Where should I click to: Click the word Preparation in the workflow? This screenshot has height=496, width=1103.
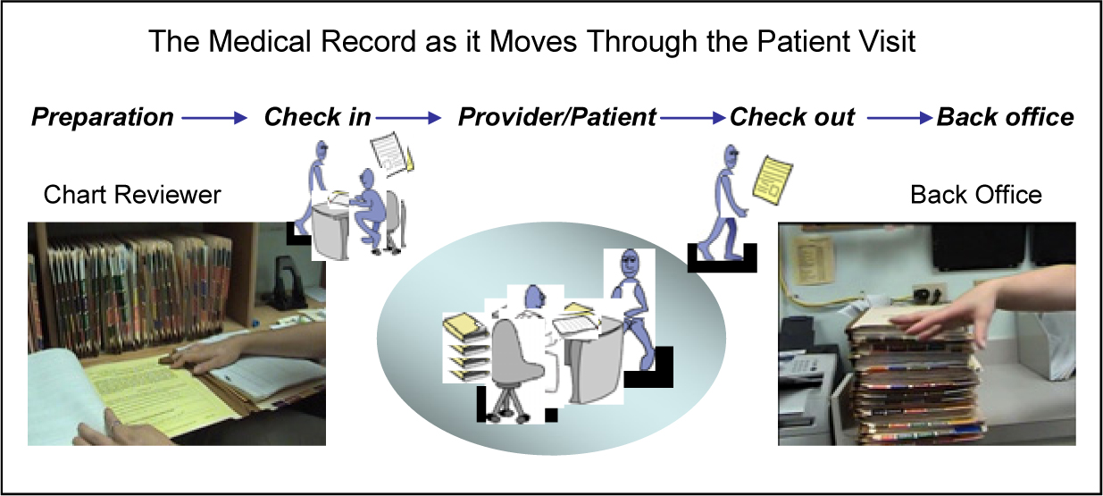[x=103, y=117]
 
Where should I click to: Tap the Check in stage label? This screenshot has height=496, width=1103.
[x=317, y=117]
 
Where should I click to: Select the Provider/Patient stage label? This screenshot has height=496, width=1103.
[x=557, y=117]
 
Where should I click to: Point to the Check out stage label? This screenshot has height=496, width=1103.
[x=792, y=117]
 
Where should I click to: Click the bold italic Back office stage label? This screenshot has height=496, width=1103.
[x=1005, y=117]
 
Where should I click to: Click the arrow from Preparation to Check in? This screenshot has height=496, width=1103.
[x=214, y=118]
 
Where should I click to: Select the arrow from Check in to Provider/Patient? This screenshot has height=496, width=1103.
[x=408, y=118]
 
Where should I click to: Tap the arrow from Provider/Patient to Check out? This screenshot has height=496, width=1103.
[x=693, y=118]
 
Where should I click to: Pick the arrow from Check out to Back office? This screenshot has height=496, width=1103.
[x=899, y=118]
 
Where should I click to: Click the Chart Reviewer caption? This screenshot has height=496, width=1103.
[x=132, y=195]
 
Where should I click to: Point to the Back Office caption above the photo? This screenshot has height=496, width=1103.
[x=976, y=195]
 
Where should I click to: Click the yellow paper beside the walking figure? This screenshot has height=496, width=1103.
[x=773, y=181]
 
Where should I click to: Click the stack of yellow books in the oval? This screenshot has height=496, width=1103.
[x=466, y=347]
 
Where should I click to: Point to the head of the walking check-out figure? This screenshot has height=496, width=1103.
[x=731, y=156]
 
